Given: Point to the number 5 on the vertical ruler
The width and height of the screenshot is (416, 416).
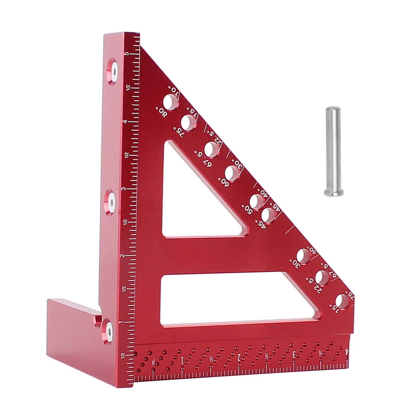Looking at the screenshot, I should (x=127, y=54).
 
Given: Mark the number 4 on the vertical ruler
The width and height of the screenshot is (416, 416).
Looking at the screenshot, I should (x=126, y=122).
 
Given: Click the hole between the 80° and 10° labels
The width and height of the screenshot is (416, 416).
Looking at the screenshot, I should (x=171, y=102).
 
